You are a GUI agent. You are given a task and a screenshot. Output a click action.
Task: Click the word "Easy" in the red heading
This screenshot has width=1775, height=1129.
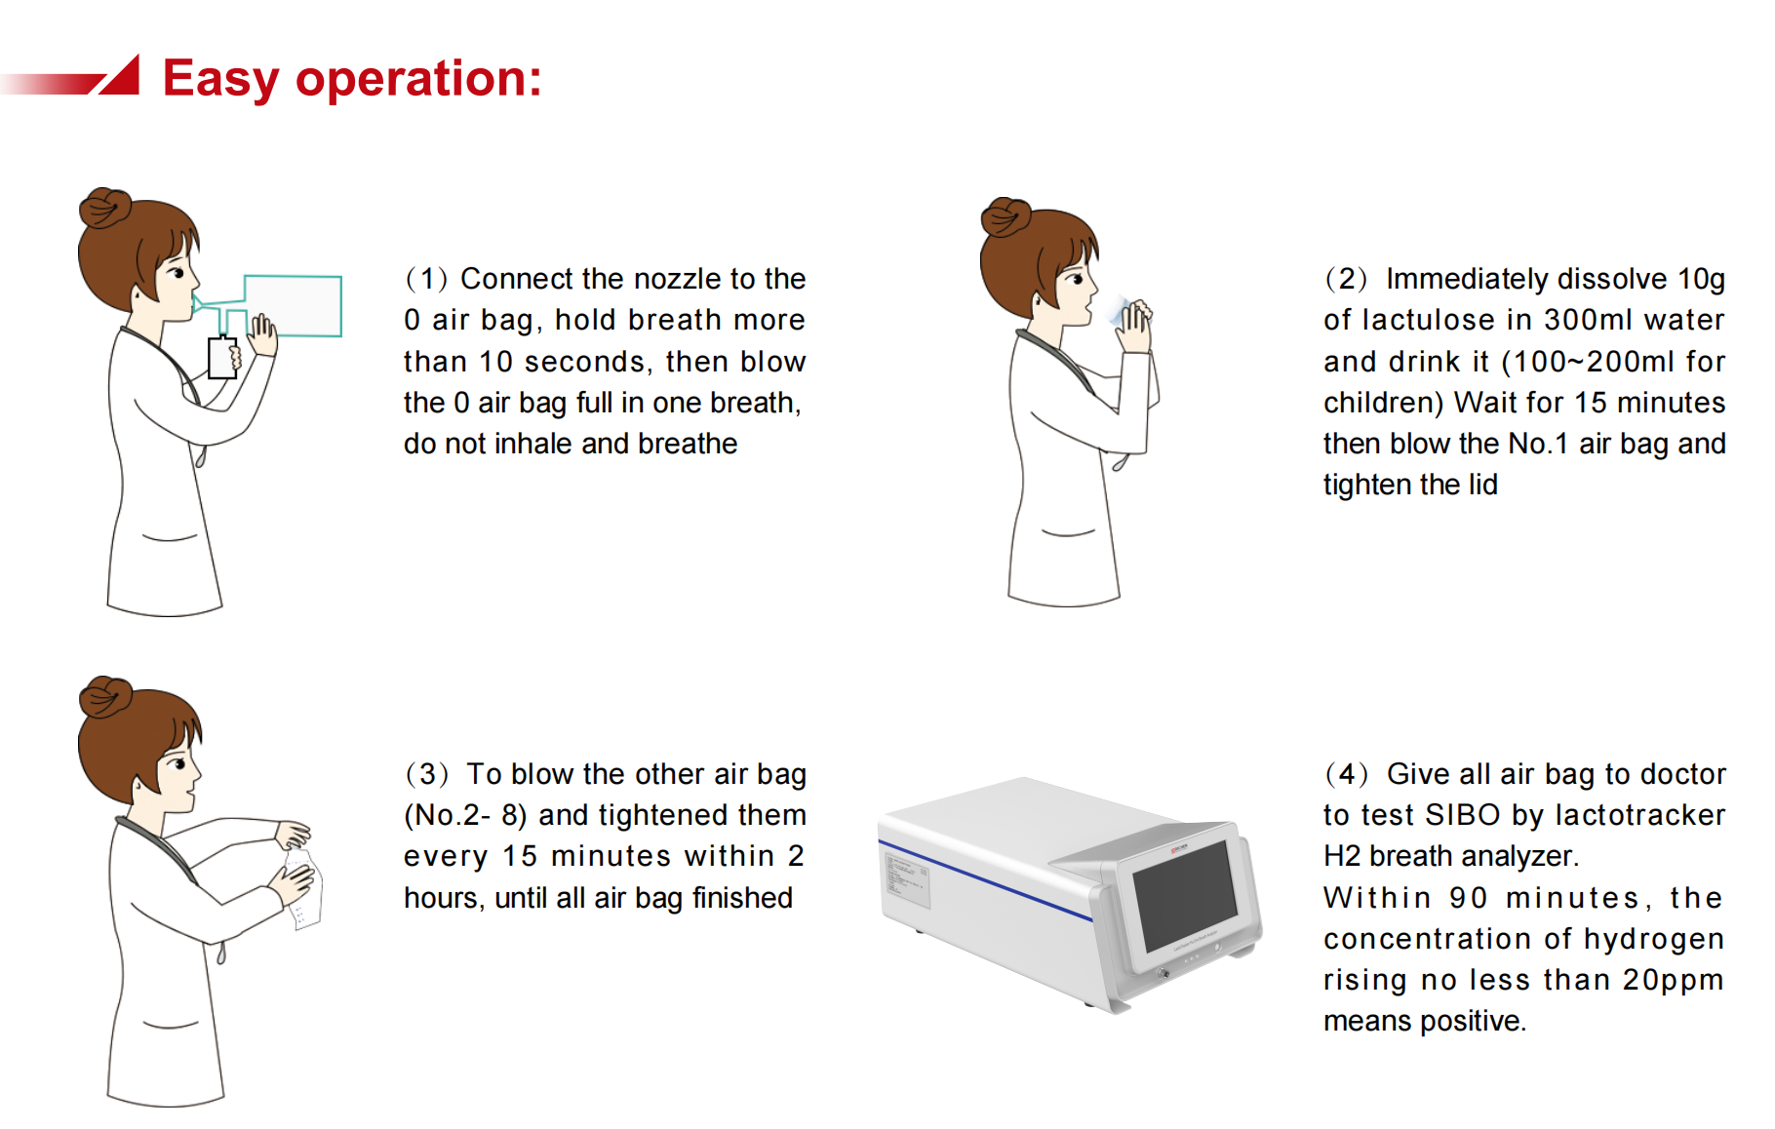221,79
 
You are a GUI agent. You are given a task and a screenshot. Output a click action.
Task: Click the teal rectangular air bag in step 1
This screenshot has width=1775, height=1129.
293,306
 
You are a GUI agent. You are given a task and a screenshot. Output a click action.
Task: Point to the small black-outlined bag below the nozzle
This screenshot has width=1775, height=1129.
223,358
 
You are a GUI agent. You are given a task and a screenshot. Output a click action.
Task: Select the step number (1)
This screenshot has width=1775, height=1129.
426,279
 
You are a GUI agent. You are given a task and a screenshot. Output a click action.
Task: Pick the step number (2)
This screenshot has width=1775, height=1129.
1346,279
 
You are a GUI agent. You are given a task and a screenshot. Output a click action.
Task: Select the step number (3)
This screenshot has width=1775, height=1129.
427,774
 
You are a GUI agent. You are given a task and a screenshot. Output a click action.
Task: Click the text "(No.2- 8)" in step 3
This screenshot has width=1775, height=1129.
465,815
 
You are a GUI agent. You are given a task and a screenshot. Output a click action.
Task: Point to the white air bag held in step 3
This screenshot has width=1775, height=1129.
305,888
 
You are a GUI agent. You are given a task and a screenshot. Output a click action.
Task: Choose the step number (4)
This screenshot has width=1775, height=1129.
1346,774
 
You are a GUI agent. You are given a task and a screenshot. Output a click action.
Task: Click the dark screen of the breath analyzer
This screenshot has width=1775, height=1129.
1185,895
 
